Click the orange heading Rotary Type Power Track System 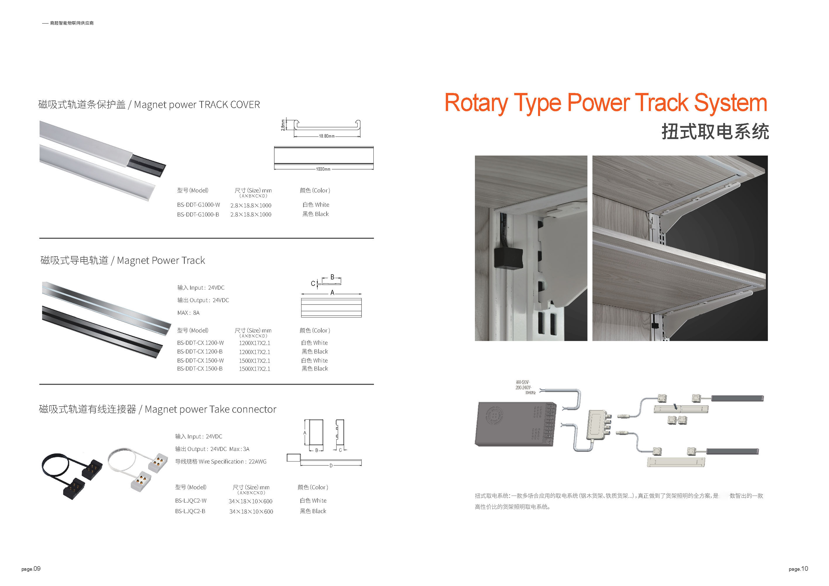[x=606, y=103]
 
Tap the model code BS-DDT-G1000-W [x=198, y=205]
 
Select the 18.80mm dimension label [x=326, y=136]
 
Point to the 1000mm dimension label [x=323, y=169]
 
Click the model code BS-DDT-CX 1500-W [x=200, y=360]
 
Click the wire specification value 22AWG [x=257, y=461]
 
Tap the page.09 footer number [x=31, y=569]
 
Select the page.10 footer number [x=798, y=569]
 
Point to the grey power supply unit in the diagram [x=516, y=424]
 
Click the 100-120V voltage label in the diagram [x=523, y=382]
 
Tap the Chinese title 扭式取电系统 [x=715, y=131]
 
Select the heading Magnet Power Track [x=161, y=260]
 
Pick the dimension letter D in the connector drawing [x=331, y=466]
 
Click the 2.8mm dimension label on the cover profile [x=283, y=125]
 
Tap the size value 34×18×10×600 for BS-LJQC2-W [x=251, y=501]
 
